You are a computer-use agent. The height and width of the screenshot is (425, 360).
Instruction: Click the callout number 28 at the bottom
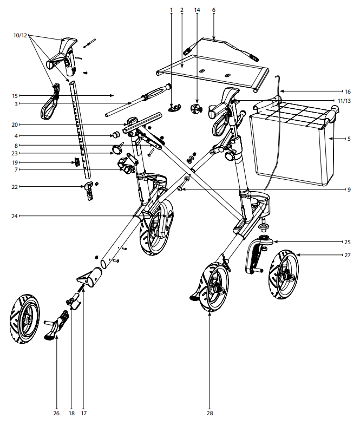[x=210, y=414]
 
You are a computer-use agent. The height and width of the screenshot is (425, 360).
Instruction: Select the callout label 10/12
[x=19, y=35]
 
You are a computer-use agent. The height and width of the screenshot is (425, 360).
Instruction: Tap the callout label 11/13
[x=344, y=101]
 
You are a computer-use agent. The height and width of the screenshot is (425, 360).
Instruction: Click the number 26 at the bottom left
[x=56, y=414]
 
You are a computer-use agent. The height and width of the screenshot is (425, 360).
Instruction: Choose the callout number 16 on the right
[x=348, y=91]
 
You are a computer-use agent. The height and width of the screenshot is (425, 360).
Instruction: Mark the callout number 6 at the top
[x=214, y=10]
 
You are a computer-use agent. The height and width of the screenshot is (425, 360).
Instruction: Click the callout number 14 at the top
[x=197, y=10]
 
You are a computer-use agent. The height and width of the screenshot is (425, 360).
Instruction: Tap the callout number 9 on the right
[x=350, y=189]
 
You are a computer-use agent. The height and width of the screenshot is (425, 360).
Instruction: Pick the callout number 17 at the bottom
[x=83, y=414]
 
